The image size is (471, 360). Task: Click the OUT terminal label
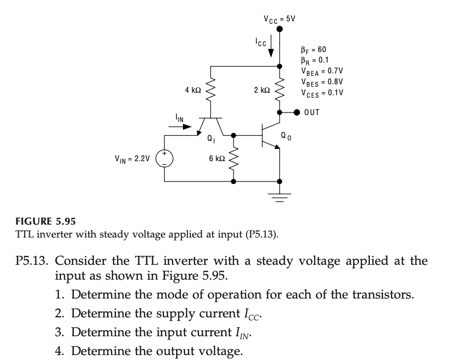(x=312, y=113)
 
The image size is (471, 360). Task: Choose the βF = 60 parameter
(x=314, y=50)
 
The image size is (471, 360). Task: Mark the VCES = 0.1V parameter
(x=322, y=93)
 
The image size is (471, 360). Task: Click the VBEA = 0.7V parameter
(x=322, y=71)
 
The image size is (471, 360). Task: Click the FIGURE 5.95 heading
(x=41, y=221)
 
